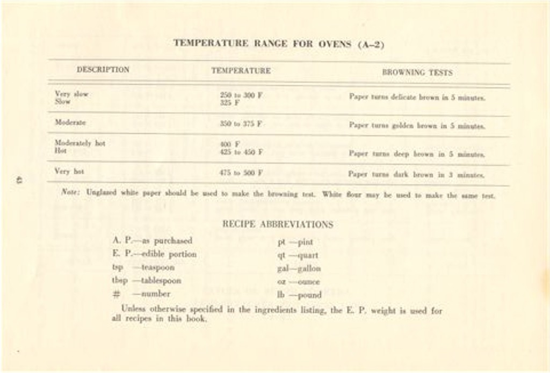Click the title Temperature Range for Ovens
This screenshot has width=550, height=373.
click(278, 44)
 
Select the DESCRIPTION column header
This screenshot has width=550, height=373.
click(103, 70)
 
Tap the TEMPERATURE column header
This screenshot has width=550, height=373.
click(241, 71)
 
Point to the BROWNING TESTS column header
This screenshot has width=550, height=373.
click(417, 72)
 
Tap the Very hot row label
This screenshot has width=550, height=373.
click(69, 171)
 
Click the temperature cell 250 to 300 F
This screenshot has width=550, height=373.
click(241, 95)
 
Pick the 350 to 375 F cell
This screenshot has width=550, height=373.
click(241, 123)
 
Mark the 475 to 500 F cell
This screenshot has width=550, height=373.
click(241, 173)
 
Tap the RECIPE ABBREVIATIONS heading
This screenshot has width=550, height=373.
click(278, 224)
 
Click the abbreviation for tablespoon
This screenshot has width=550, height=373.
click(119, 280)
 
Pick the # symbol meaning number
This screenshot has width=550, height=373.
click(117, 294)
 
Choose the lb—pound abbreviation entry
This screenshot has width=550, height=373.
click(299, 295)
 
